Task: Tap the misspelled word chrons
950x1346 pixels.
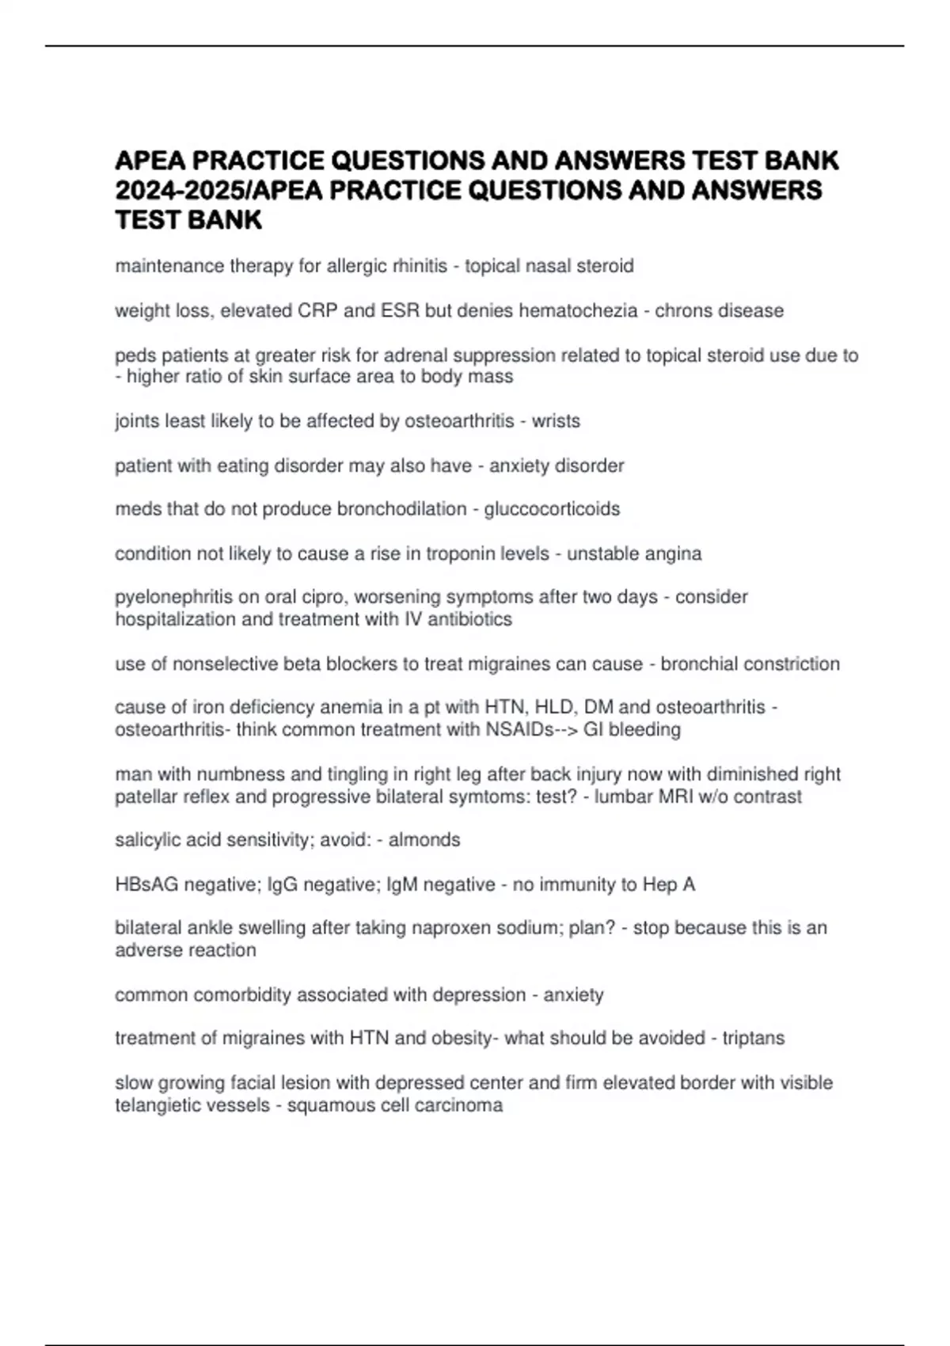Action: [x=686, y=310]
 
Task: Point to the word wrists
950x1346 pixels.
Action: [x=556, y=421]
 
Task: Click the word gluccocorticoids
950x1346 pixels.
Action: [x=552, y=509]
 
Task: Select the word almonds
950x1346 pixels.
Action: [x=424, y=840]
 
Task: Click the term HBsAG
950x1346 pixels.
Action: [x=146, y=884]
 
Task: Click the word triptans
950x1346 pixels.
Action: [x=753, y=1038]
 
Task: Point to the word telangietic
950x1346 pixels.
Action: [x=163, y=1105]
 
